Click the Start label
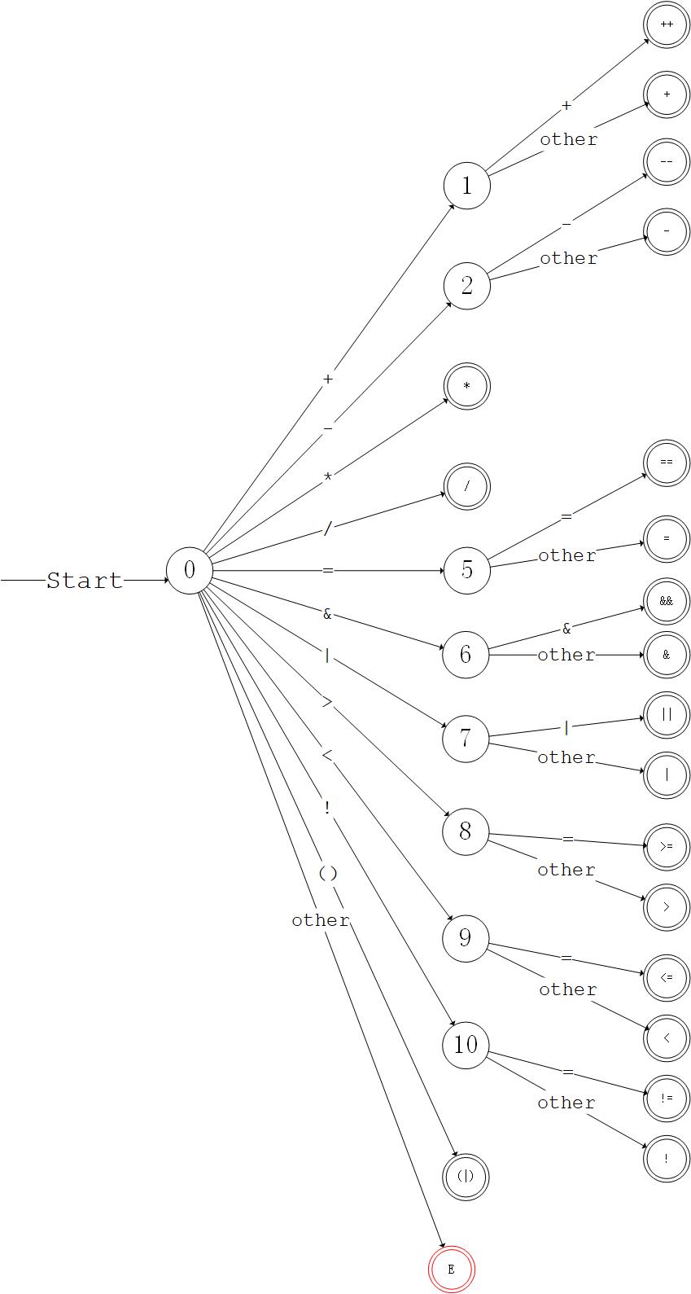click(85, 581)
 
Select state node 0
click(190, 571)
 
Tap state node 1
click(466, 186)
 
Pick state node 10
click(466, 1044)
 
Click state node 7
click(466, 739)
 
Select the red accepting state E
click(451, 1270)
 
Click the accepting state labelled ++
click(667, 25)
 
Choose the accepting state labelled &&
click(667, 602)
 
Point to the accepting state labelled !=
click(667, 1099)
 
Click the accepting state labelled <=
click(667, 978)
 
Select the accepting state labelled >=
click(667, 847)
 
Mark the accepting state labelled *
click(466, 386)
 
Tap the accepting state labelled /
click(466, 487)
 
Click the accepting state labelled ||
click(667, 715)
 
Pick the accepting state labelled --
click(667, 162)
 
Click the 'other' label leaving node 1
click(569, 139)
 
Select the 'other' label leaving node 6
click(566, 655)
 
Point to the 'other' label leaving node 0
click(321, 920)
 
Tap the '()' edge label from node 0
click(327, 874)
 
